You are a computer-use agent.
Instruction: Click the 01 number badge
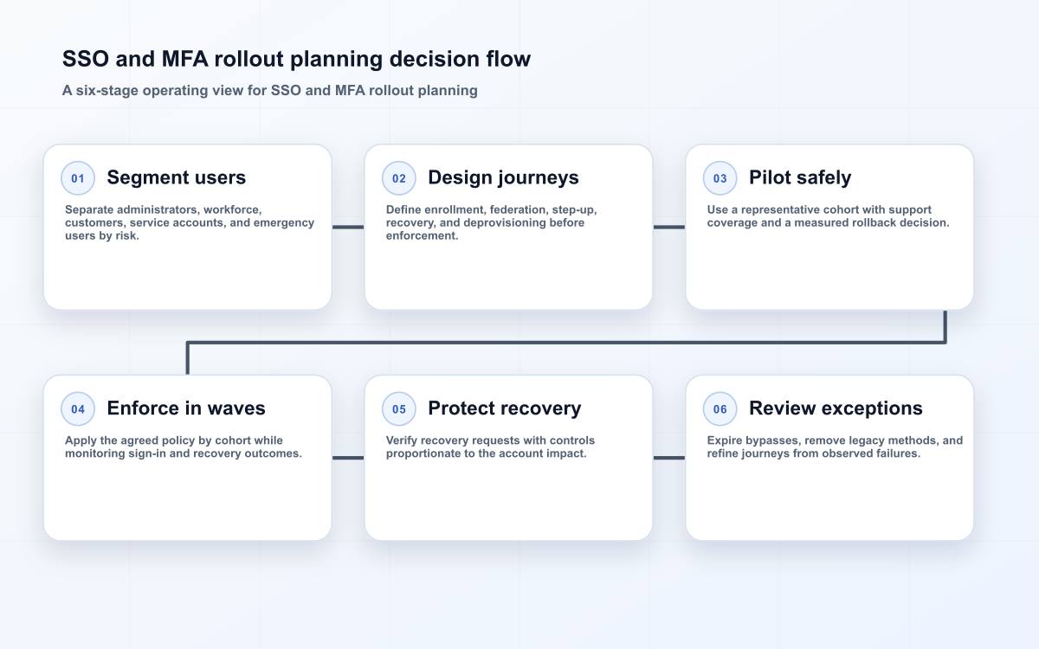78,178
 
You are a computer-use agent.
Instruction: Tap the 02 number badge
399,178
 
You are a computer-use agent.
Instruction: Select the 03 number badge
720,178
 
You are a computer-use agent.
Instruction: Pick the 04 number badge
78,408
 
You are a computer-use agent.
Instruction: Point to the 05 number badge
399,408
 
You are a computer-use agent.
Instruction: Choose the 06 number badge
720,408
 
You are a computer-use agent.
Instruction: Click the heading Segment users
177,177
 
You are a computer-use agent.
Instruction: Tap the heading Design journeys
503,177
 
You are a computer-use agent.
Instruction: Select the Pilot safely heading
800,177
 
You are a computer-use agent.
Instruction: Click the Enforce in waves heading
186,408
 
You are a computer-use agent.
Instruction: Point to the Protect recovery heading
504,408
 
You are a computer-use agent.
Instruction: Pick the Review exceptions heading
836,408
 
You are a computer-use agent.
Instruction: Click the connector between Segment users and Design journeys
348,227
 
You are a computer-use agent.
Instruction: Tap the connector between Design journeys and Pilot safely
668,227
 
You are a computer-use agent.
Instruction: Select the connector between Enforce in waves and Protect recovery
348,458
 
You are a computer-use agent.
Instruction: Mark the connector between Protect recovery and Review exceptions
668,458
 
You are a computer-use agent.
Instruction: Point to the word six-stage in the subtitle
107,90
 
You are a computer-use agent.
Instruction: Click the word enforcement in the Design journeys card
422,236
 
